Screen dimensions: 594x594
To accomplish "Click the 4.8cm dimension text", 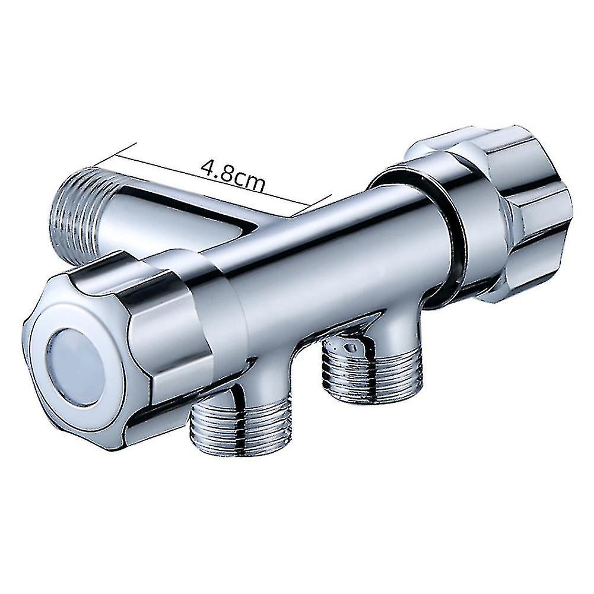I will pos(233,173).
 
